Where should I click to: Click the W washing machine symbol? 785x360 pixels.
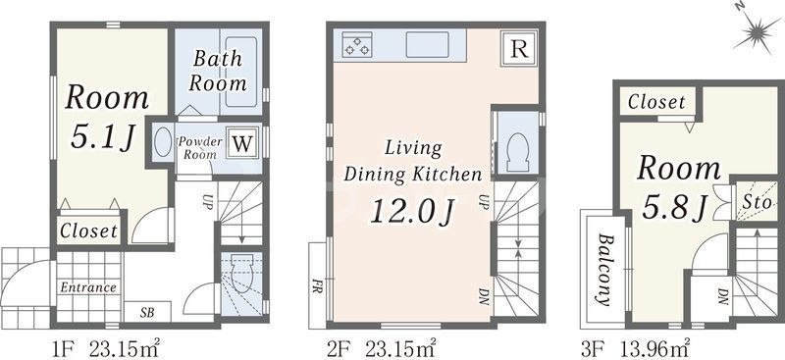pyautogui.click(x=242, y=143)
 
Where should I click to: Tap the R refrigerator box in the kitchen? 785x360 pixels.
pyautogui.click(x=519, y=50)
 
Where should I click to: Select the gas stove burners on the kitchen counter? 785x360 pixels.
pyautogui.click(x=357, y=44)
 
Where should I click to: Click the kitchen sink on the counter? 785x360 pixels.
pyautogui.click(x=428, y=45)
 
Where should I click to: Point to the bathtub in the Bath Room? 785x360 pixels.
pyautogui.click(x=240, y=71)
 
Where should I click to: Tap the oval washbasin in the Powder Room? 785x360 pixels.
pyautogui.click(x=163, y=141)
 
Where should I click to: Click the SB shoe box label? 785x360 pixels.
pyautogui.click(x=146, y=314)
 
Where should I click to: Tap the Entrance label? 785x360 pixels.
pyautogui.click(x=88, y=287)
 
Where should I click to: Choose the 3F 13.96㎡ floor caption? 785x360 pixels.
pyautogui.click(x=636, y=348)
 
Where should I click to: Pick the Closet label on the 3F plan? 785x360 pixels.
pyautogui.click(x=656, y=102)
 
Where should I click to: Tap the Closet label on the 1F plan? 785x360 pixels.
pyautogui.click(x=88, y=231)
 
